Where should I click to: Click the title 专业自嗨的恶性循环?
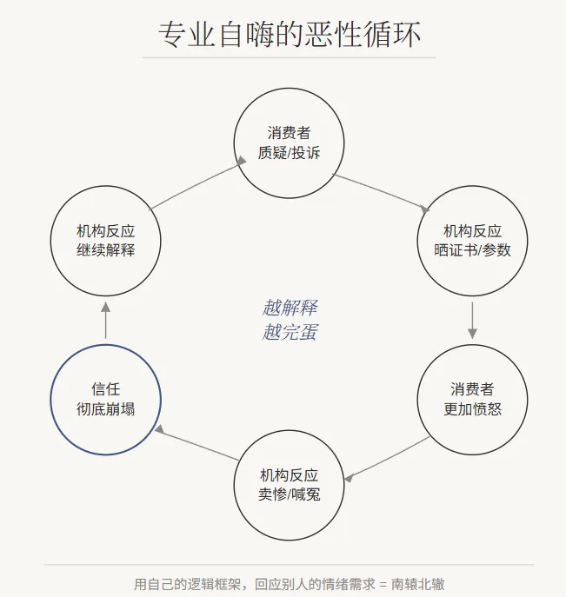coord(290,34)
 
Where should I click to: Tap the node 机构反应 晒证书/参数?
coord(473,241)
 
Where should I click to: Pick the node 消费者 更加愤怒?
coord(473,399)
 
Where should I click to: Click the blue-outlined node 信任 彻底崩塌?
coord(106,399)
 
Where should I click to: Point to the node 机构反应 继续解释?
coord(106,241)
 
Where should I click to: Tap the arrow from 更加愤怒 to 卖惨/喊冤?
coord(387,458)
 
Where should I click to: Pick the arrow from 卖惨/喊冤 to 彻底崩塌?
coord(196,443)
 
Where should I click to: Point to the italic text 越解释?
coord(290,308)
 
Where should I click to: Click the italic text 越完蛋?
coord(290,332)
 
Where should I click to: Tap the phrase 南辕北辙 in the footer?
coord(418,584)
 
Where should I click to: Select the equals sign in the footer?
coord(383,584)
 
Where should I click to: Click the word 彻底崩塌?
coord(106,408)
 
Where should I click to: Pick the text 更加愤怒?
coord(473,408)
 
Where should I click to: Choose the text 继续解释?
coord(106,250)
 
